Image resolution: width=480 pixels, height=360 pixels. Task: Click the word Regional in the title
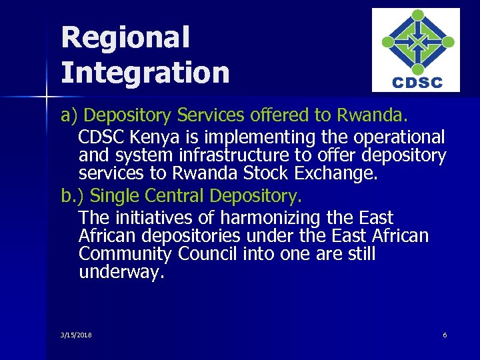[x=125, y=38]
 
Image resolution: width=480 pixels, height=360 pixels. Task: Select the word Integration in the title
[x=145, y=72]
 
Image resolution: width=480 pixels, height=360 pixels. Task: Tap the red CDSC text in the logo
[x=416, y=83]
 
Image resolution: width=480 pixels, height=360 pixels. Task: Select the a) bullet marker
[x=69, y=115]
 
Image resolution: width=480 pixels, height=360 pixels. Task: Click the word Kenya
[x=152, y=137]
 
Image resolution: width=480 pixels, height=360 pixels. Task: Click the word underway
[x=121, y=273]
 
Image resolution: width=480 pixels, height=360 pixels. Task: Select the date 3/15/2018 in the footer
[x=76, y=335]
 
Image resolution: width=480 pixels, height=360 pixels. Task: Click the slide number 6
[x=445, y=335]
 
